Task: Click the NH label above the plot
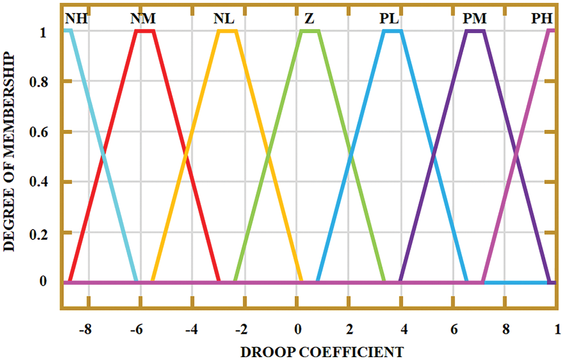click(x=76, y=19)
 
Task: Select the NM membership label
click(x=143, y=19)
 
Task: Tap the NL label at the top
click(x=224, y=19)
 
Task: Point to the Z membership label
click(x=309, y=19)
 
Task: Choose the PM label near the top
click(x=475, y=19)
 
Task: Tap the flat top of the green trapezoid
click(x=310, y=31)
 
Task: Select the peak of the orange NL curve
click(x=228, y=31)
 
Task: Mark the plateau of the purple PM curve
click(x=475, y=31)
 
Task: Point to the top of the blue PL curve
click(x=393, y=31)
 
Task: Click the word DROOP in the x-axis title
click(x=266, y=350)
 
